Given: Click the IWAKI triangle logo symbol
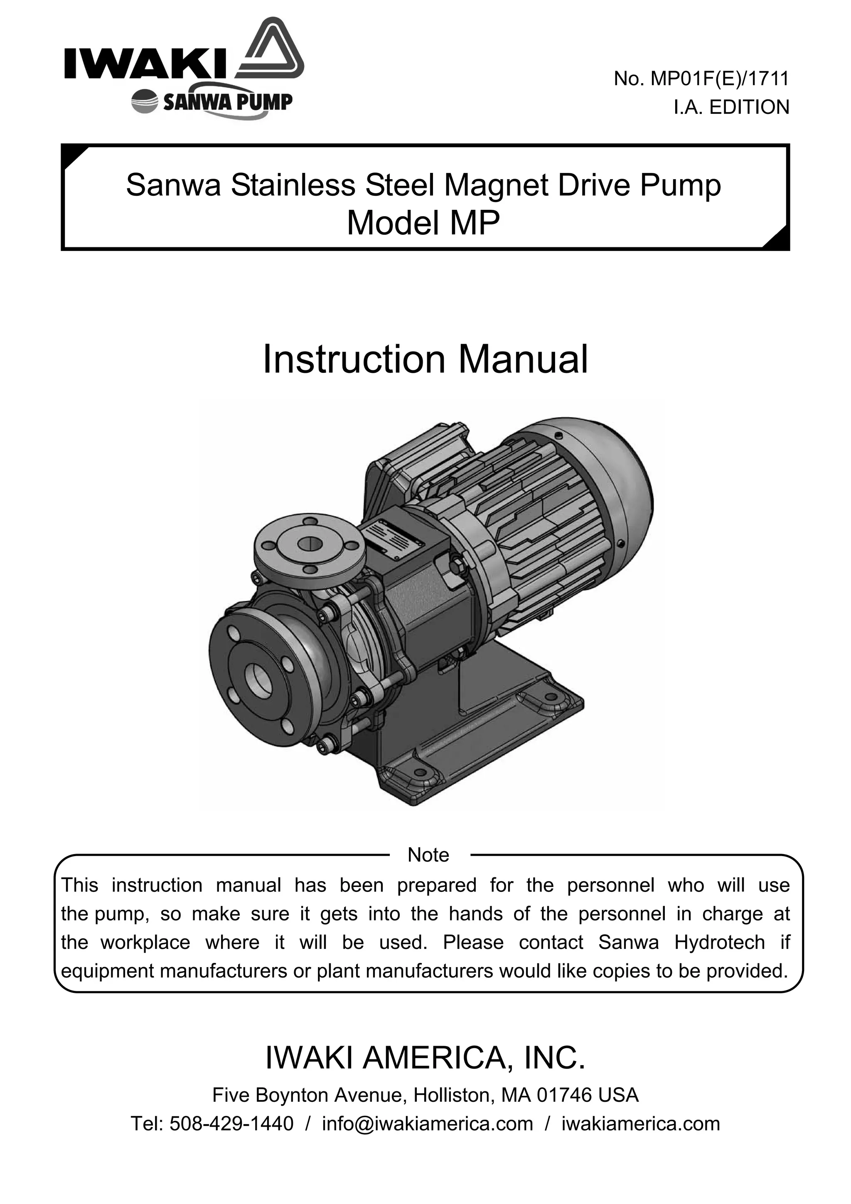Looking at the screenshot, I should [271, 50].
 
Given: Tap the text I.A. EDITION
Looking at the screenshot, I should [731, 107].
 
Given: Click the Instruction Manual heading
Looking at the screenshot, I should [425, 360].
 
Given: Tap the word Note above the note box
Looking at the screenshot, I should [428, 855].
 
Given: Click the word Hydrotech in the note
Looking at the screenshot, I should [719, 942].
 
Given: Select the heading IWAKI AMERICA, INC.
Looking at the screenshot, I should [425, 1058].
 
